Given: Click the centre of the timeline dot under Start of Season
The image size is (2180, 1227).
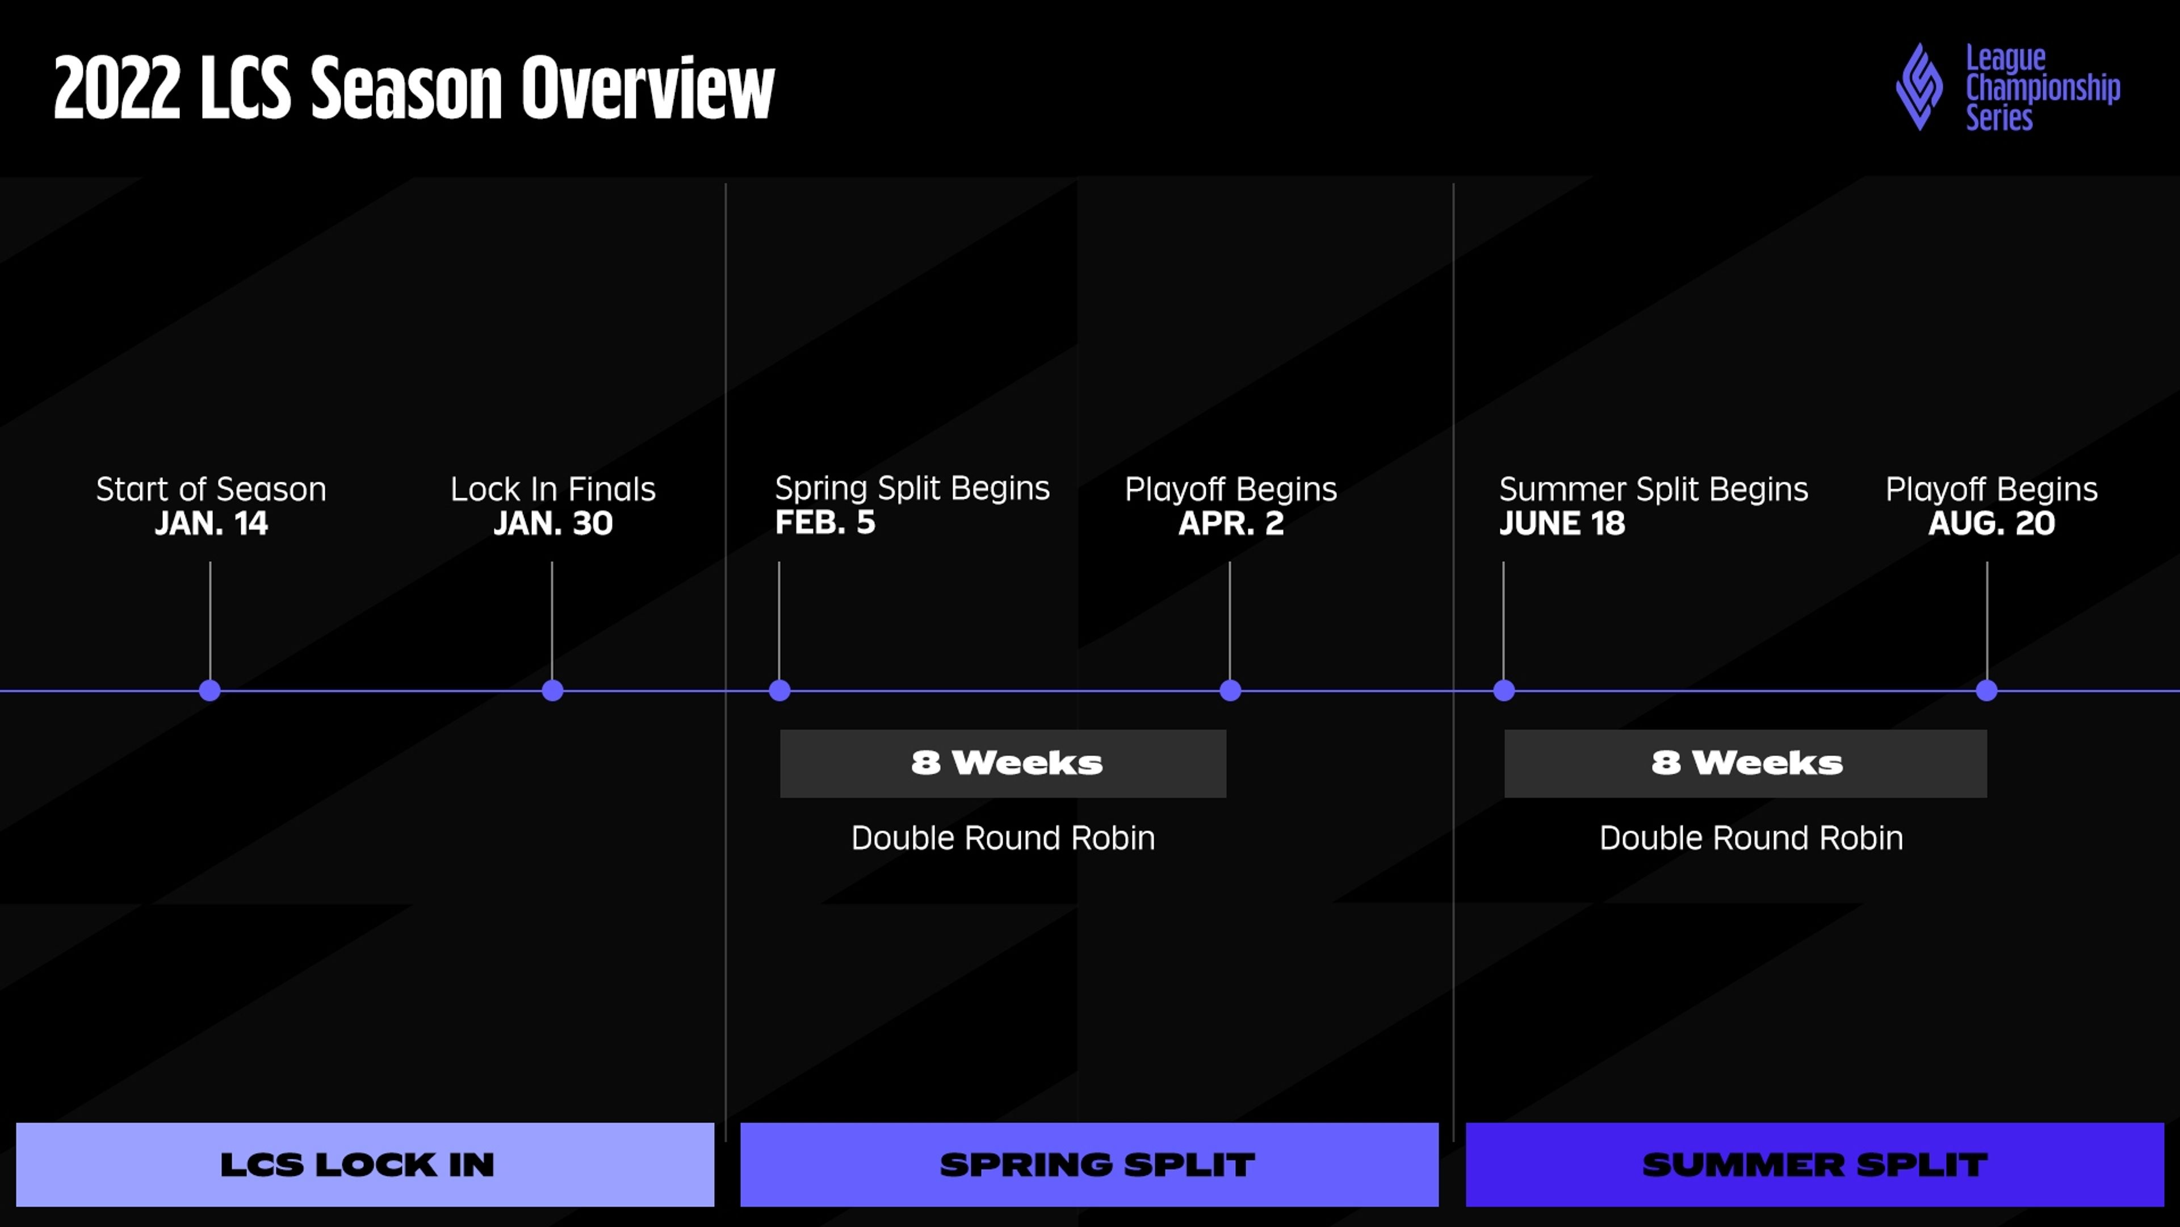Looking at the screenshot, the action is coord(210,690).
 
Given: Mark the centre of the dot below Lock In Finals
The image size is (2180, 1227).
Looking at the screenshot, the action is coord(552,690).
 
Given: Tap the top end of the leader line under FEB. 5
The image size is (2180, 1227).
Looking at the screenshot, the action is coord(778,562).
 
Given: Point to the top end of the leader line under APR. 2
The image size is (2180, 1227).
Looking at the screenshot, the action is coord(1230,562).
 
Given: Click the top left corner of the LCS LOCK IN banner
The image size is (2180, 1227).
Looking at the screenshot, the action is coord(16,1123).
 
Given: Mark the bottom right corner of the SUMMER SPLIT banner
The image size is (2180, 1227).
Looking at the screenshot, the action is coord(2164,1206).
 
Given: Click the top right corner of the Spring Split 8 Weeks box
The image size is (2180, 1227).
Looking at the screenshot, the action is coord(1226,730).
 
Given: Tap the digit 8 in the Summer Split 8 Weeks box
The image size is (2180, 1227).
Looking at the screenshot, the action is coord(1666,762).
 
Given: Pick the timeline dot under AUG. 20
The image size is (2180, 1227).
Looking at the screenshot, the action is coord(1986,690).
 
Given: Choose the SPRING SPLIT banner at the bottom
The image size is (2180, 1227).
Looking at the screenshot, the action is coord(1089,1165).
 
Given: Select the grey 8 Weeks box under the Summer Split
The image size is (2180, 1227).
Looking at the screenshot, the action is coord(1746,763).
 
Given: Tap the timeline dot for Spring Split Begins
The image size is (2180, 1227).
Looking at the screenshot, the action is coord(779,690).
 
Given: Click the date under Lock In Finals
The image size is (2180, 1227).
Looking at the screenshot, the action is coord(552,523).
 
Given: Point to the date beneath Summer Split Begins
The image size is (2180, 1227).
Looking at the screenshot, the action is coord(1562,523).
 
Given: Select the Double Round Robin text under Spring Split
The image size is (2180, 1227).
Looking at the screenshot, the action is coord(1003,837).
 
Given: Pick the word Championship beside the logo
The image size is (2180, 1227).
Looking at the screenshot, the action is coord(2043,88).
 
